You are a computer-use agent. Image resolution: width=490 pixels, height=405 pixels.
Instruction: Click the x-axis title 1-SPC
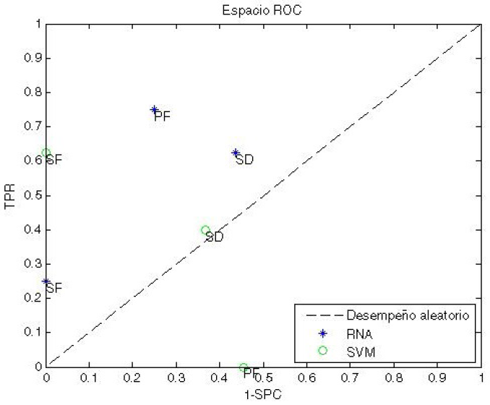pos(263,394)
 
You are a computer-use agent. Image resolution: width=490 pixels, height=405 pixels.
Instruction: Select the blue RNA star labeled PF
pos(154,109)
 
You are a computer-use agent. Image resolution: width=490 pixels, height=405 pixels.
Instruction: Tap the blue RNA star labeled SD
pos(236,153)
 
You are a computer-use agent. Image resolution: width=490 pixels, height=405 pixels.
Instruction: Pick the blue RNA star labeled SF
pos(46,281)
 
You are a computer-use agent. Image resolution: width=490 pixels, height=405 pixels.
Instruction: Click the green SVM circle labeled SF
pos(46,153)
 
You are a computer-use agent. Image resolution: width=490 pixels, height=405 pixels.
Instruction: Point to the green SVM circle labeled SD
pos(205,230)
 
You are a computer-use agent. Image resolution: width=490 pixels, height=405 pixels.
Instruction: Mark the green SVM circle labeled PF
pos(244,367)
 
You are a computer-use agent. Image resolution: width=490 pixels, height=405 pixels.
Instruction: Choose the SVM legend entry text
pos(360,351)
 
